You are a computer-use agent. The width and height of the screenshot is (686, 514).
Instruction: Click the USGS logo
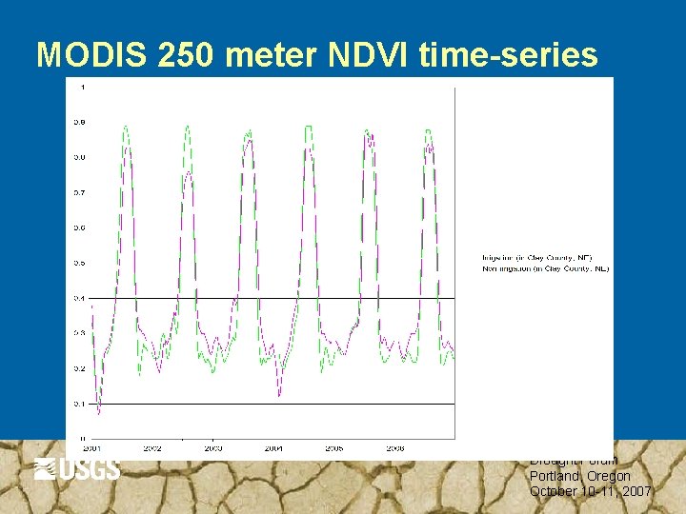[77, 469]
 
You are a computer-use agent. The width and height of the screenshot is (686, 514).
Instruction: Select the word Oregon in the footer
[609, 476]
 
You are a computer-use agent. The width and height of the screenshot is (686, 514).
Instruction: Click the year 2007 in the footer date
[635, 491]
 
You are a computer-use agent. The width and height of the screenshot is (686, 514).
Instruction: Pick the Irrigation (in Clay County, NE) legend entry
[537, 258]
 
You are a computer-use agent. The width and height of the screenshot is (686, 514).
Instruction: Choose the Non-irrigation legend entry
[546, 269]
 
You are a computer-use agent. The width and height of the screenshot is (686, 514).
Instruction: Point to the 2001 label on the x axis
[91, 446]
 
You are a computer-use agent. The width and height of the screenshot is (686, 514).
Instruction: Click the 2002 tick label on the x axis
[152, 446]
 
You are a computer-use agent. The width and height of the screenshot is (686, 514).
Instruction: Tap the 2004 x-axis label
[274, 446]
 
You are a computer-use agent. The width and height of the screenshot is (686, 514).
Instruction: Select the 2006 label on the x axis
[395, 446]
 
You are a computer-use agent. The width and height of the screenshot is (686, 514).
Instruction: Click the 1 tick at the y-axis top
[83, 88]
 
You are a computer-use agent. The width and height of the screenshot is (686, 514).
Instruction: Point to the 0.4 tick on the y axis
[81, 298]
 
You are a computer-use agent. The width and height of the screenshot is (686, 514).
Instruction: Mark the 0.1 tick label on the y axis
[81, 404]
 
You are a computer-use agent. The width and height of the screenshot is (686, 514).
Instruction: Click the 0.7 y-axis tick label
[81, 192]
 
